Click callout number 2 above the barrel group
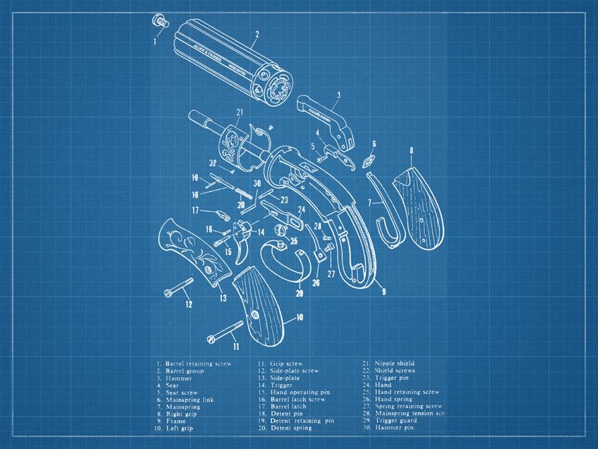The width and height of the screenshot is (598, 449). coord(257,34)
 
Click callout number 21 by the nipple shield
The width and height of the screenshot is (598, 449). coord(239,111)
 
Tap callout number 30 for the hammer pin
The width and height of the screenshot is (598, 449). coord(257,183)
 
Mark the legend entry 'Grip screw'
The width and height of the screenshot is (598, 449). coord(285,364)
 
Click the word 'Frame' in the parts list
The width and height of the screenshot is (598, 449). coord(176,421)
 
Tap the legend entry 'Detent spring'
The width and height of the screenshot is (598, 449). coord(289,428)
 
